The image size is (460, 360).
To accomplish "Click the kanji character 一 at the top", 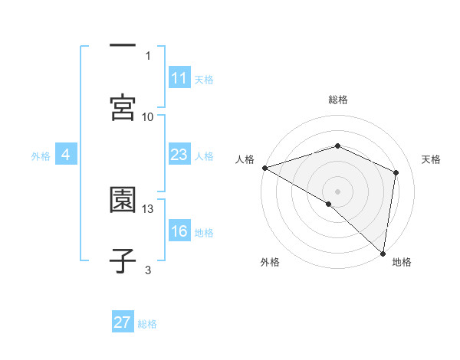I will (123, 46).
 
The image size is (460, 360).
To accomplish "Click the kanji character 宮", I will (123, 106).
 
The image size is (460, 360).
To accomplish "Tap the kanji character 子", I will (123, 260).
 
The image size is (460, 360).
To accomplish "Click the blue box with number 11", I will (179, 78).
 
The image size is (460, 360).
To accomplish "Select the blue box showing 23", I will (179, 155).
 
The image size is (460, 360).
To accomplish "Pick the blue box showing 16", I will (179, 231).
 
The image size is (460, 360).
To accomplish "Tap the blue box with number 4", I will (66, 155).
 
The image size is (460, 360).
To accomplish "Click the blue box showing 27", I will (123, 322).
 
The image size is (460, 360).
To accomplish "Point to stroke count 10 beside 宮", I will (148, 116).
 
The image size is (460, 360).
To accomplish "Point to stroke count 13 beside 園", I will (148, 208).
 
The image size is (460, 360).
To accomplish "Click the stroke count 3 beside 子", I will (148, 270).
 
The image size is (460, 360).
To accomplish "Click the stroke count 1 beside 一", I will (148, 55).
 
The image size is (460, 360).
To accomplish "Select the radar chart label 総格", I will (338, 100).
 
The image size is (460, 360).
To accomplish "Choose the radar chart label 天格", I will (431, 159).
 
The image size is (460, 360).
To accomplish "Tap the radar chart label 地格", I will (402, 262).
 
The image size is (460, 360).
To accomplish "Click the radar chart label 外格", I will (270, 262).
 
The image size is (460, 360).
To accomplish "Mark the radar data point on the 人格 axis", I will (264, 168).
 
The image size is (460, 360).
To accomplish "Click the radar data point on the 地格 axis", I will (383, 252).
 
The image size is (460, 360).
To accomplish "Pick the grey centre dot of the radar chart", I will (338, 191).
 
